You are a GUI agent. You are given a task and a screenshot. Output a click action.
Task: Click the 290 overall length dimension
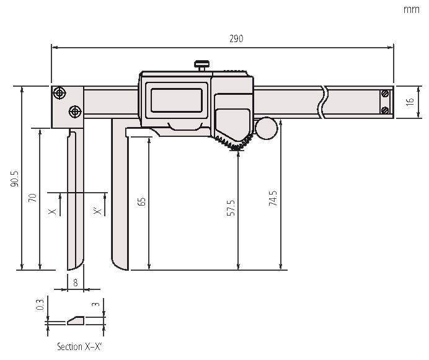236,38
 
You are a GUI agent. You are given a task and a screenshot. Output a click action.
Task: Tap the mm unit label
412,9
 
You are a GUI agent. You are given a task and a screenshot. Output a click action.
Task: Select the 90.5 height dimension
15,178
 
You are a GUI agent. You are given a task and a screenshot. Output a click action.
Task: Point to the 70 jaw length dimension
33,198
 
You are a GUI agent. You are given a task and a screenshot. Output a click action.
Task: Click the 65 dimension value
142,201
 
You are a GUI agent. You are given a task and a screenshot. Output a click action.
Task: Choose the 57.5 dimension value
231,208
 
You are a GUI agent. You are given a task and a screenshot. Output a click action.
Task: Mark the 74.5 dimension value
273,198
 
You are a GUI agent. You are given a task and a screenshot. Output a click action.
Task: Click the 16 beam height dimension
410,102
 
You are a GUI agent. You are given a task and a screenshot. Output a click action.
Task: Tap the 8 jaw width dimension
76,282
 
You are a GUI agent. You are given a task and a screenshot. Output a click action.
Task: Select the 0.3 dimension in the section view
40,304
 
